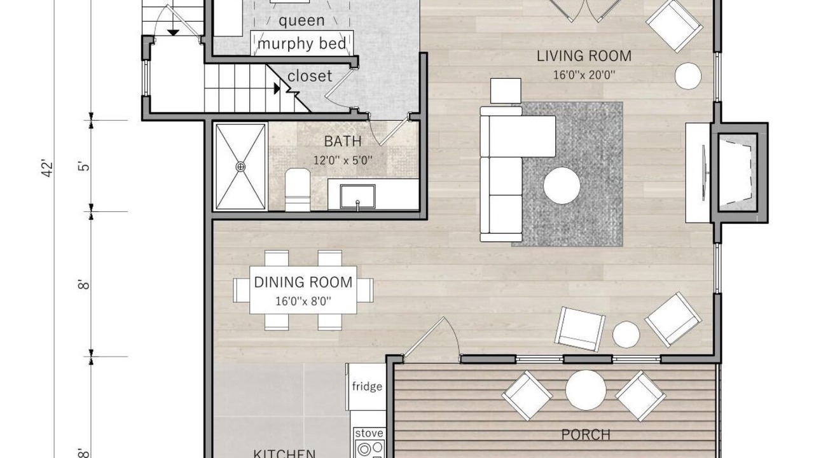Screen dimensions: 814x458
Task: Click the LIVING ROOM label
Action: tap(584, 56)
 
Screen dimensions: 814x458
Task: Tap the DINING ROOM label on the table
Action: tap(303, 282)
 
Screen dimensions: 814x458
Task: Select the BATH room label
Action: tap(343, 141)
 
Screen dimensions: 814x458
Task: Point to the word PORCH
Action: tap(586, 434)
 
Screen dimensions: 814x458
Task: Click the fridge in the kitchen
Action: tap(366, 387)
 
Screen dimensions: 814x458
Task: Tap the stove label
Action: tap(369, 433)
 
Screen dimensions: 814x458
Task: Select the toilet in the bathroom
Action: tap(298, 190)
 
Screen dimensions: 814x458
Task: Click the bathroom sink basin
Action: tap(357, 197)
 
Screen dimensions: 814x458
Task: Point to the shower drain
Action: tap(240, 167)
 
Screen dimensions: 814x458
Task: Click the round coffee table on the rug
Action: tap(562, 186)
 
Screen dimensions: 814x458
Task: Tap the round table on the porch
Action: tap(586, 390)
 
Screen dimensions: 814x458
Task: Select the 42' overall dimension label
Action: tap(48, 169)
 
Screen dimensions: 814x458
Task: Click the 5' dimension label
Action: tap(84, 167)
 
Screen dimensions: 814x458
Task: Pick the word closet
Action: tap(310, 76)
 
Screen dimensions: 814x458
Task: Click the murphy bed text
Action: tap(301, 44)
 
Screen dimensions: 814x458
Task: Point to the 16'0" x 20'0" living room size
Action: tap(584, 75)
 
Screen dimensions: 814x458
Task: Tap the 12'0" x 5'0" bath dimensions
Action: tap(343, 160)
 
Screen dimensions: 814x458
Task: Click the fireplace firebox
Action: tap(738, 172)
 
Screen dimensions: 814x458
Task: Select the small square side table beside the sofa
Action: tap(506, 91)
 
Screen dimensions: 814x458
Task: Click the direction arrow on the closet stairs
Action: tap(277, 88)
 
